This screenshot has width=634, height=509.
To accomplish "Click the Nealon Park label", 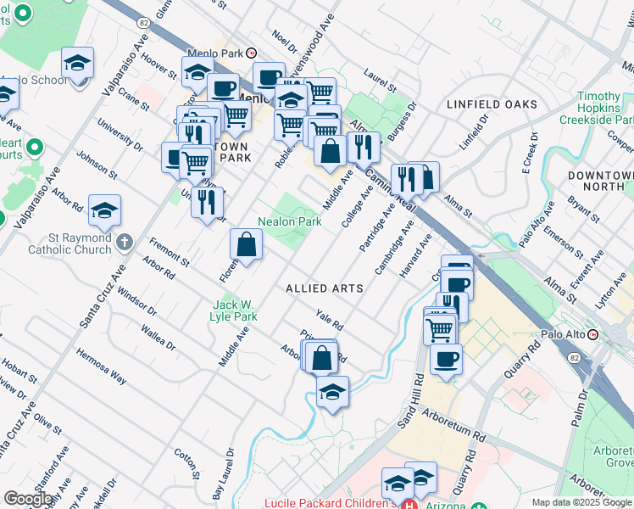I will point(290,221).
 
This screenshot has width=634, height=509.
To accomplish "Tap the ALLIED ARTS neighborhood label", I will point(325,288).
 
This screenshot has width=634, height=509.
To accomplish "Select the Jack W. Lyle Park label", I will point(234,310).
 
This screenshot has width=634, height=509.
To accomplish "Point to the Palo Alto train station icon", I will point(593,333).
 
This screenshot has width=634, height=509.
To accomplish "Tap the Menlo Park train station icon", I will point(251,53).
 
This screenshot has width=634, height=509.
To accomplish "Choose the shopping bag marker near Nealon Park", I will point(246,246).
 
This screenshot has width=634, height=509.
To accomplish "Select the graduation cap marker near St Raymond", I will point(104,210).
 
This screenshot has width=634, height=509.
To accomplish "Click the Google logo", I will point(28,498).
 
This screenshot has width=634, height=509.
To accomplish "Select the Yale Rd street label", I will point(329,319).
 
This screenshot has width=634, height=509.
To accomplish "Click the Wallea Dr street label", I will point(158,337).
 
